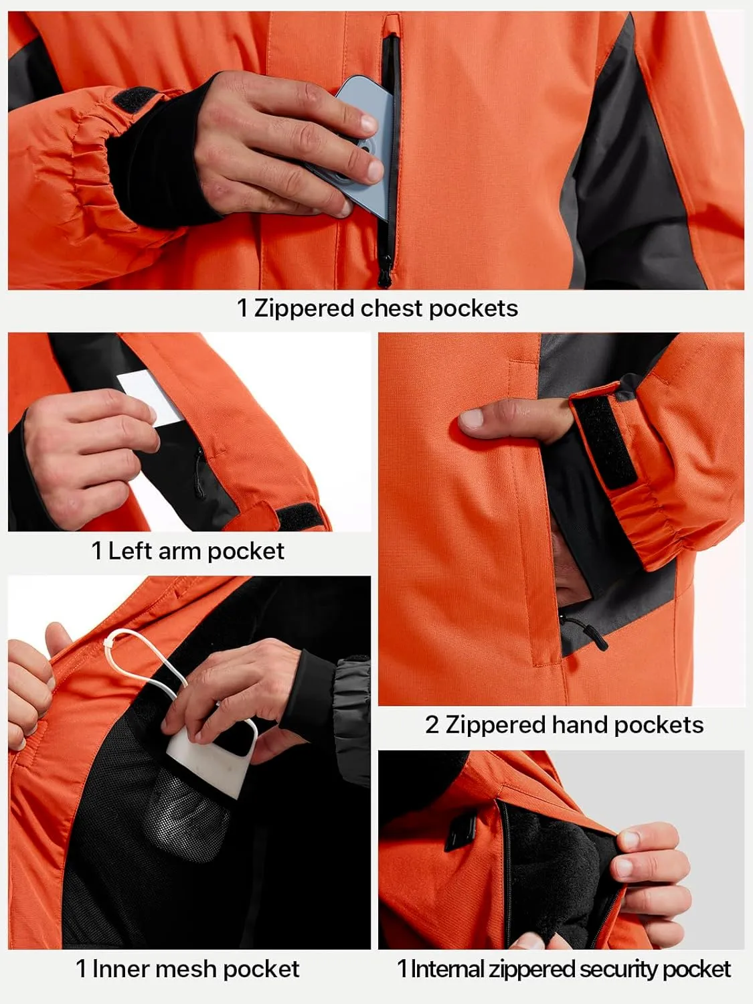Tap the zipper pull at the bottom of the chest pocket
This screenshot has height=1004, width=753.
pos(384,274)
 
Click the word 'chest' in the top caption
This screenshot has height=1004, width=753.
pos(392,308)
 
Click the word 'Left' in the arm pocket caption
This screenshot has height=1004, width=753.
pos(130,551)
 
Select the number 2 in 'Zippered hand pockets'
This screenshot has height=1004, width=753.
pos(432,725)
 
